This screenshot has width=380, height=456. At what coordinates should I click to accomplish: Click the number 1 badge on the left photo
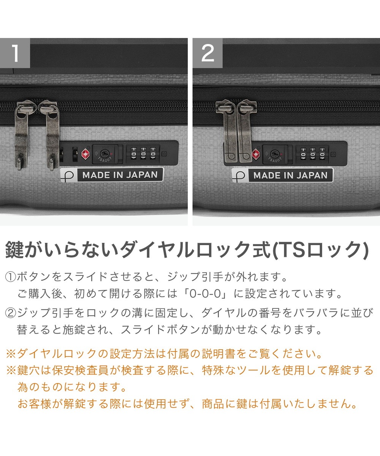pyautogui.click(x=15, y=53)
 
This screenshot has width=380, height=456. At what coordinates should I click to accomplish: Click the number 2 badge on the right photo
pyautogui.click(x=207, y=53)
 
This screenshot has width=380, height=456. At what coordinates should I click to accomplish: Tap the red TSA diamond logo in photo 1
pyautogui.click(x=85, y=154)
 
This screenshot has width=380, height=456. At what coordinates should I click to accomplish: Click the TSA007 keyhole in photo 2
pyautogui.click(x=275, y=154)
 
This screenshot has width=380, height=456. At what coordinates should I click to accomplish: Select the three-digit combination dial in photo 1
pyautogui.click(x=143, y=154)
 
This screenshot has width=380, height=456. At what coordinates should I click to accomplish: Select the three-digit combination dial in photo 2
pyautogui.click(x=312, y=154)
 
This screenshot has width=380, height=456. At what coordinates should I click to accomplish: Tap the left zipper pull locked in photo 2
pyautogui.click(x=227, y=131)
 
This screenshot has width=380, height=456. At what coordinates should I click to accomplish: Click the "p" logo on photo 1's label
pyautogui.click(x=68, y=175)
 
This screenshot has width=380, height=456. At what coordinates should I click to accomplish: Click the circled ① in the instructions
pyautogui.click(x=11, y=277)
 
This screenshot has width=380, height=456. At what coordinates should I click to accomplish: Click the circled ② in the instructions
pyautogui.click(x=11, y=313)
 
